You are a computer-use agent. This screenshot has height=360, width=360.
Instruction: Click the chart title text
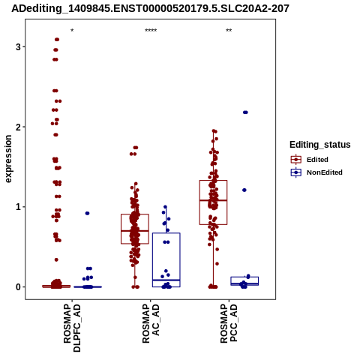150,8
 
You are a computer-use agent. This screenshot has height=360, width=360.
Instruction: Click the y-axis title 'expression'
8,159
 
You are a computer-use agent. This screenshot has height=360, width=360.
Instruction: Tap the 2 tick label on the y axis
18,127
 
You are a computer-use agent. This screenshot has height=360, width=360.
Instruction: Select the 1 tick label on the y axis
18,207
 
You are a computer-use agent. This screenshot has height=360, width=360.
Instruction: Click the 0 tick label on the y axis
18,287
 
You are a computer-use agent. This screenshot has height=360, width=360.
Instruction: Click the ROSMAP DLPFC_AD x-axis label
72,328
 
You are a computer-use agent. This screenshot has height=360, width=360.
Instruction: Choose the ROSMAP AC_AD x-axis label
151,323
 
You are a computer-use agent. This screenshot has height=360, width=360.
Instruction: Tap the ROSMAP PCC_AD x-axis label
229,323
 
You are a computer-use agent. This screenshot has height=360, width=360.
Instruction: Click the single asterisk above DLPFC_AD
72,31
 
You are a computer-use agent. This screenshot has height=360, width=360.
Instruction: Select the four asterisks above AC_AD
151,31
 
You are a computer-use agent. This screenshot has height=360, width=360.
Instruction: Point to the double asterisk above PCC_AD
229,31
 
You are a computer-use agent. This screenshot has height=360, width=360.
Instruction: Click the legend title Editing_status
320,145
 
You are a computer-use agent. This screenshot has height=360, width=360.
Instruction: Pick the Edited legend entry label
317,160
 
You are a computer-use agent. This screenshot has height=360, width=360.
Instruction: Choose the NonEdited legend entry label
325,172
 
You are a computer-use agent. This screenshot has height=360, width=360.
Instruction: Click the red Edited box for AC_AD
135,214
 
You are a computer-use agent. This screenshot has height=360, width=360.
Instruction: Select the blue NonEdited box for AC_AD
166,233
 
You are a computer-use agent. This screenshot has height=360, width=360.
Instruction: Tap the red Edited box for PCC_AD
213,181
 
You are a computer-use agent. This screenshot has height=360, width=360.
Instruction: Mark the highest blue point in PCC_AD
245,112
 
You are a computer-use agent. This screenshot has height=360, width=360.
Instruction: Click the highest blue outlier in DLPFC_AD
87,213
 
